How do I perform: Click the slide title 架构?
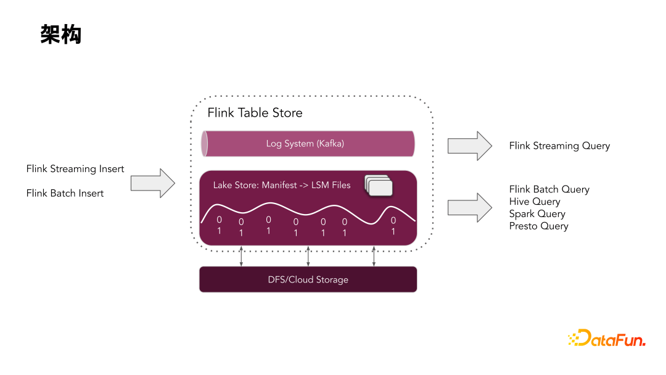[60, 35]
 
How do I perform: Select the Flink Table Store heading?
[255, 113]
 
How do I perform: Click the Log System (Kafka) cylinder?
[306, 144]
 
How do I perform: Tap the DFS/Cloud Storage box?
[308, 279]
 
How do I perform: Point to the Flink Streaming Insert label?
[75, 169]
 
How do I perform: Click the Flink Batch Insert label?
[65, 193]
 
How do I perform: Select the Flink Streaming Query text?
[559, 146]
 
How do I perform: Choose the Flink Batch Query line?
[549, 189]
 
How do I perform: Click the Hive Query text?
[534, 202]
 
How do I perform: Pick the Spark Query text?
[536, 214]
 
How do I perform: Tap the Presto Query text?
[538, 226]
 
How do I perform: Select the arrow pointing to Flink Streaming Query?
[469, 146]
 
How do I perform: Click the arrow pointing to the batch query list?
[469, 208]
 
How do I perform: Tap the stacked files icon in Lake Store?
[379, 185]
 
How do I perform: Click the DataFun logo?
[606, 339]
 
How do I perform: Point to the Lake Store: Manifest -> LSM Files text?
[282, 185]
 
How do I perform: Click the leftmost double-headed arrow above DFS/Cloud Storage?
[241, 256]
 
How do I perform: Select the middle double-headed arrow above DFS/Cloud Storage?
[308, 256]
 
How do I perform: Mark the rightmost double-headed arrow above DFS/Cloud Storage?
[374, 256]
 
